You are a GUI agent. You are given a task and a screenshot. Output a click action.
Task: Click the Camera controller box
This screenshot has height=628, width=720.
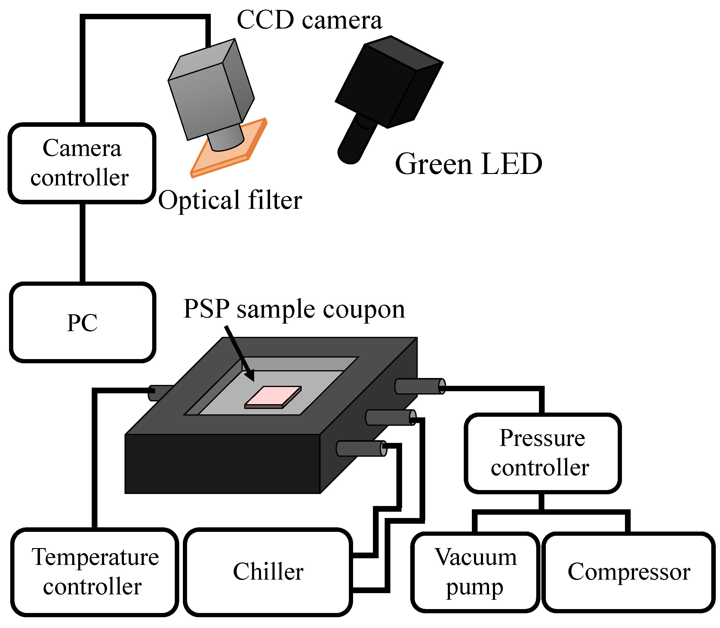[82, 163]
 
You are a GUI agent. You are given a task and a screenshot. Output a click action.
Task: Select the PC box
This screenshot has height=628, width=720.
[82, 322]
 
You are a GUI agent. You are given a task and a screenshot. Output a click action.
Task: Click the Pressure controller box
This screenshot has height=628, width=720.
[542, 453]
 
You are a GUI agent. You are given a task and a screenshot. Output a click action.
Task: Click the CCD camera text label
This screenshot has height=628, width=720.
[309, 20]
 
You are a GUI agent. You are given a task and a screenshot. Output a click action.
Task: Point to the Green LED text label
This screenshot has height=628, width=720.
[468, 164]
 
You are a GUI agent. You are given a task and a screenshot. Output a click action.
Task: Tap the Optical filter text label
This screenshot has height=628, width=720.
[230, 200]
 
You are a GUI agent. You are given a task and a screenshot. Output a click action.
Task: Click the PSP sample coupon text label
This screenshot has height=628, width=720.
[294, 309]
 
